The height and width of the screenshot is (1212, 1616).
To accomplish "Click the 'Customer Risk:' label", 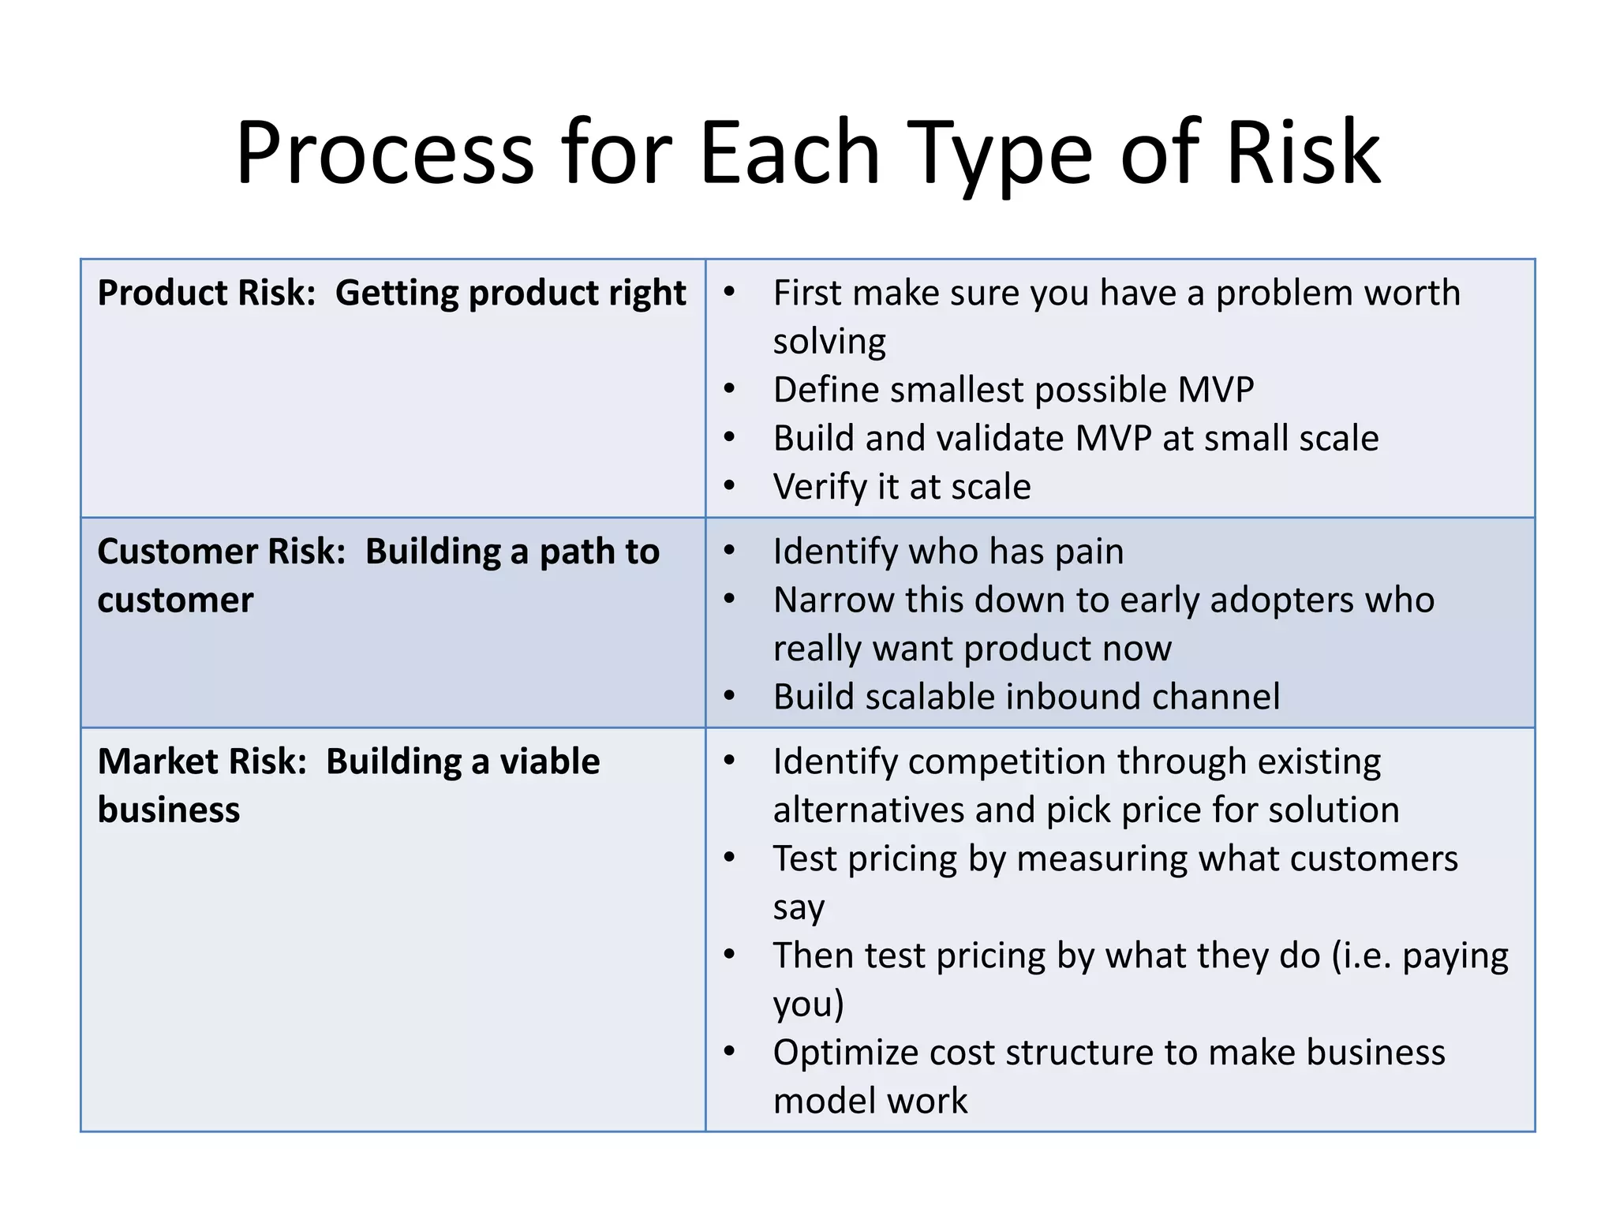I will pyautogui.click(x=222, y=552).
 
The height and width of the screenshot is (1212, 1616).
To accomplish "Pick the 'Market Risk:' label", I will pyautogui.click(x=202, y=762).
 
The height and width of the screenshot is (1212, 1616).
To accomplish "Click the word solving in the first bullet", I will pyautogui.click(x=829, y=342).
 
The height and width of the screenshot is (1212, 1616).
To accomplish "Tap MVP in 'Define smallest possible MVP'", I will pyautogui.click(x=1215, y=390).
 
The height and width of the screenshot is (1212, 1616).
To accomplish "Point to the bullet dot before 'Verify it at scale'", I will pyautogui.click(x=730, y=486).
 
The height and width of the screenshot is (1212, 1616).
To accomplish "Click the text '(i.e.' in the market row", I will pyautogui.click(x=1361, y=956).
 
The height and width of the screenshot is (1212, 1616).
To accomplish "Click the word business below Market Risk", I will pyautogui.click(x=169, y=810).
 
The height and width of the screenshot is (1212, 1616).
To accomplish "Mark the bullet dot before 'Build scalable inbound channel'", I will pyautogui.click(x=730, y=697).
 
